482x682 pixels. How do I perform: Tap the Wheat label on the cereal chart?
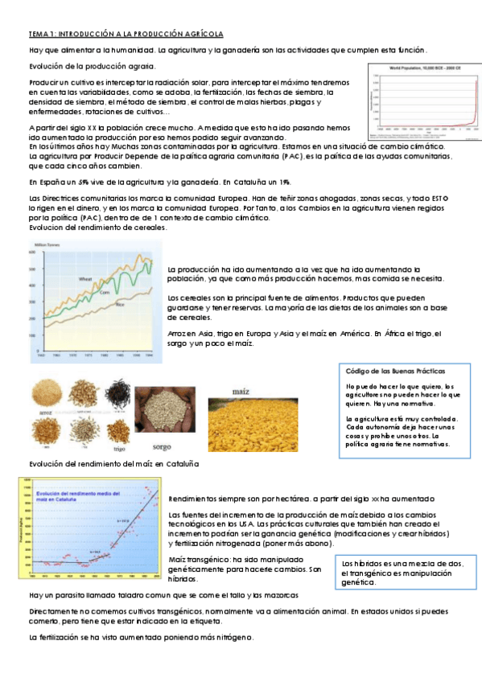point(85,279)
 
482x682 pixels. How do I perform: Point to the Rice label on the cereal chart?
point(118,304)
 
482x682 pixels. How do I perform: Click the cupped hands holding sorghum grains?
point(163,409)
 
